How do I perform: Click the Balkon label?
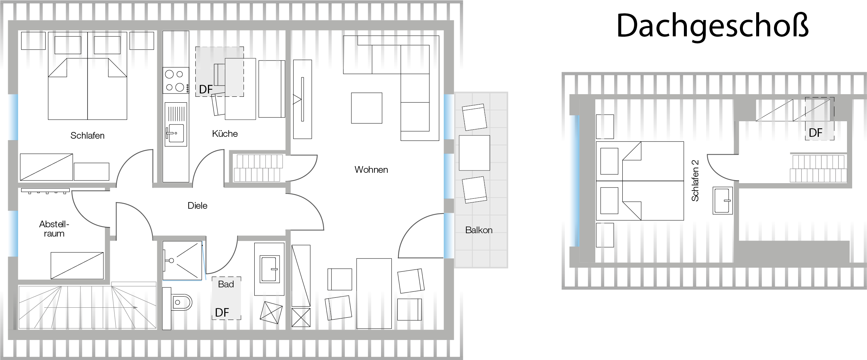(479, 230)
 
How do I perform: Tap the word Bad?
(226, 284)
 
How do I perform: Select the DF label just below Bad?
(222, 313)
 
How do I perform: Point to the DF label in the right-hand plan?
(815, 133)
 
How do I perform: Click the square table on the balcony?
(474, 153)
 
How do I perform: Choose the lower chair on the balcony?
(474, 189)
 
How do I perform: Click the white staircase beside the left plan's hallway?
(258, 168)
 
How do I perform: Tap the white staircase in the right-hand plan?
(818, 169)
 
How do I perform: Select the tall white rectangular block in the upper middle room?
(240, 89)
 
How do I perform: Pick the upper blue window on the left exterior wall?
(13, 117)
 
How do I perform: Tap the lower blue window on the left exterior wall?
(13, 233)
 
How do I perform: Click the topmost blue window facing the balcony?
(449, 116)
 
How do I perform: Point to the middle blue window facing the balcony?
(449, 176)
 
